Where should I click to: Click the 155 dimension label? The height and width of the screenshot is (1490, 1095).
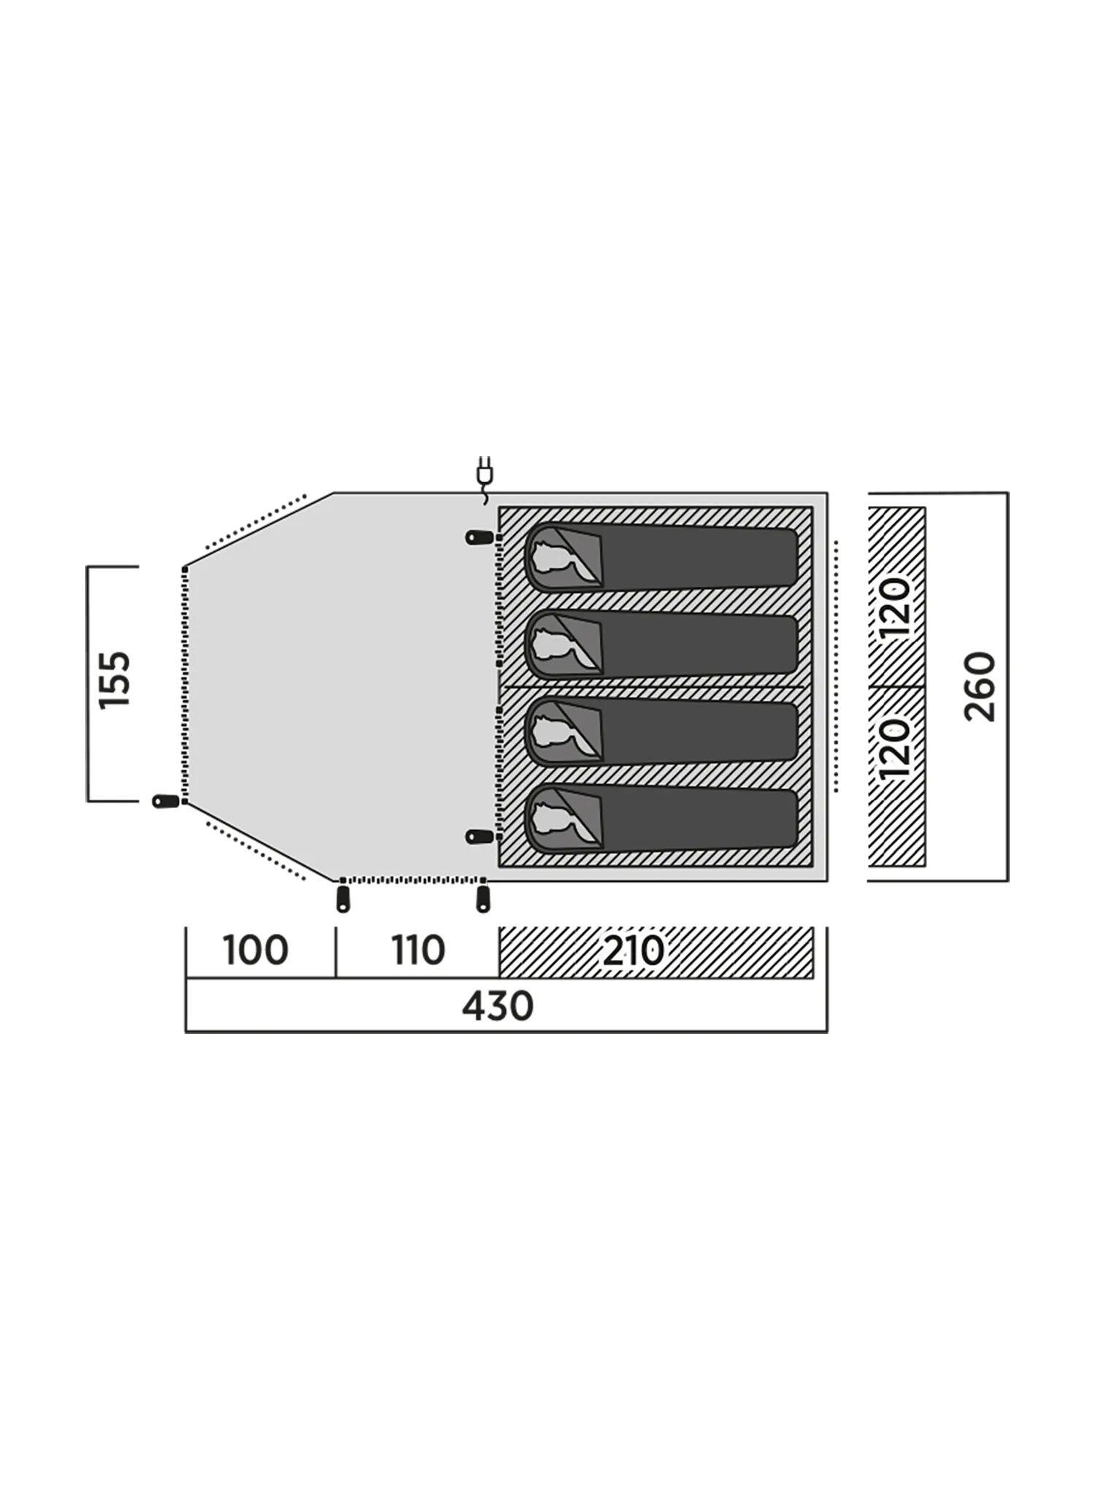(115, 679)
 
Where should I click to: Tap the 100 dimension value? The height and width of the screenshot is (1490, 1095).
(255, 951)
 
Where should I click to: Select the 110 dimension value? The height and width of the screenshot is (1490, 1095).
(418, 951)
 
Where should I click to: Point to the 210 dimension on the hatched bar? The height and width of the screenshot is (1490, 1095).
(633, 951)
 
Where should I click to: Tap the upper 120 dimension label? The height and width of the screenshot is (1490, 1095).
(896, 607)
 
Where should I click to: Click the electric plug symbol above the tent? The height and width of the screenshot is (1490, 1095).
(483, 479)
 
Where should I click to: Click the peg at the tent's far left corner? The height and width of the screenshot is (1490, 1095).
(166, 801)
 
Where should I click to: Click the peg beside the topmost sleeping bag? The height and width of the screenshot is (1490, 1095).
(480, 538)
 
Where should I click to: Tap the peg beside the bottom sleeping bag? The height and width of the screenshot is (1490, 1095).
(480, 837)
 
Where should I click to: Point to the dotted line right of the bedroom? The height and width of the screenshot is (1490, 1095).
(836, 667)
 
